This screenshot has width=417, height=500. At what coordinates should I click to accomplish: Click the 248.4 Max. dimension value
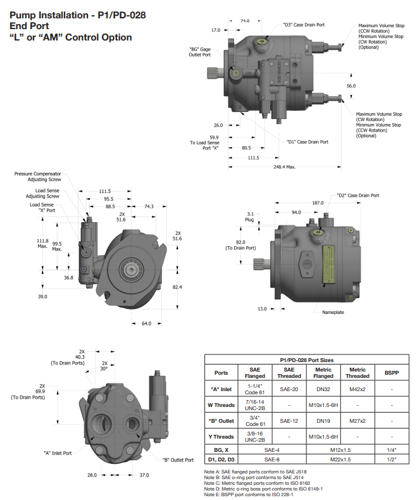click(283, 167)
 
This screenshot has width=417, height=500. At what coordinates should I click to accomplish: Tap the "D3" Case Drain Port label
click(304, 25)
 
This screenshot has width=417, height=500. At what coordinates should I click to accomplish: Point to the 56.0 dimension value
click(351, 85)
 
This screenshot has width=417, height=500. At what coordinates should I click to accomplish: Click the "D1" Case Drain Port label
click(307, 142)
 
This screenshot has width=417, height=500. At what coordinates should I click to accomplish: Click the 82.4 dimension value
click(177, 287)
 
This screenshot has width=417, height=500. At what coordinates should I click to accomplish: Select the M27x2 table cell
click(358, 420)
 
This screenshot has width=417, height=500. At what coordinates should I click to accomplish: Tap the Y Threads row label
click(221, 435)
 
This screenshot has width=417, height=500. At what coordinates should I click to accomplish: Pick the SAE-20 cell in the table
click(288, 388)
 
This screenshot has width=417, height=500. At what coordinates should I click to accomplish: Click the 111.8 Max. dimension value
click(43, 244)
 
